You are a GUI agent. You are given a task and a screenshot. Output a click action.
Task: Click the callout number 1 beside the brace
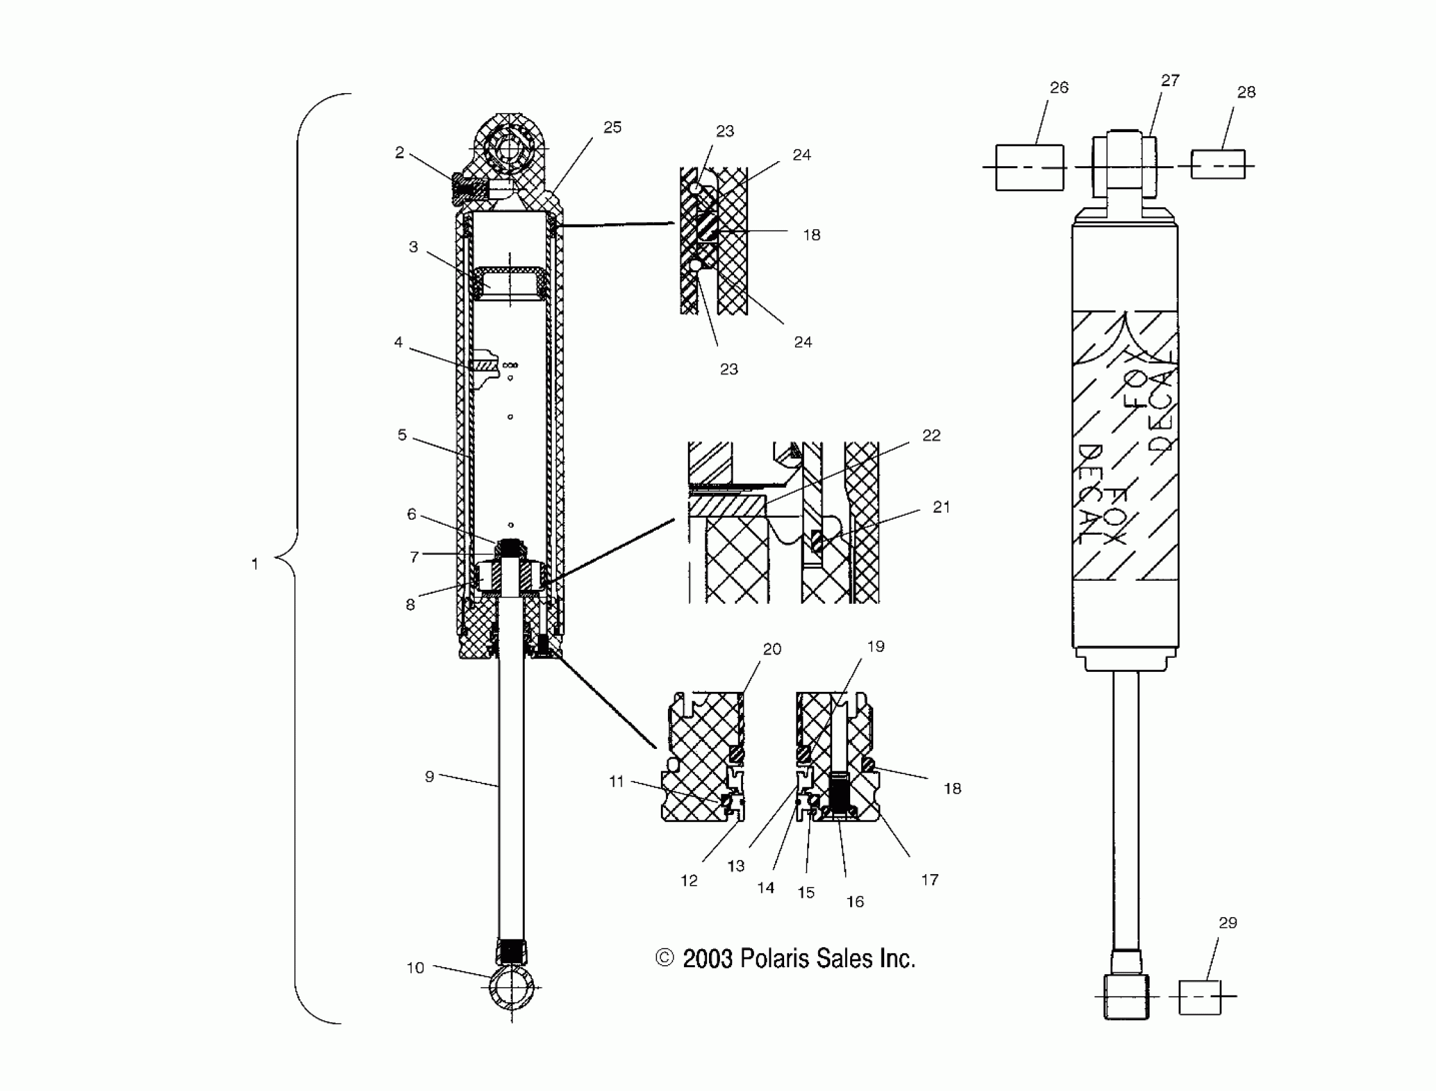(255, 563)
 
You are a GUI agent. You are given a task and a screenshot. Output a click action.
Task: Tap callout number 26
(1059, 88)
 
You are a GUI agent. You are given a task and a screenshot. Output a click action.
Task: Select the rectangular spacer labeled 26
(1030, 168)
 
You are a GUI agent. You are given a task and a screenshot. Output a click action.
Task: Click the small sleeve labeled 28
(1218, 164)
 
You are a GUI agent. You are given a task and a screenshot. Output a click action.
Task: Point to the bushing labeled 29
(1199, 997)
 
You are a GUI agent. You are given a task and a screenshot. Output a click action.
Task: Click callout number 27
(1170, 80)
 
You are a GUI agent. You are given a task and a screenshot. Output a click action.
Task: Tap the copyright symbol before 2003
(665, 958)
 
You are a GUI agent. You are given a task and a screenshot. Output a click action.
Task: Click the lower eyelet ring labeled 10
(511, 988)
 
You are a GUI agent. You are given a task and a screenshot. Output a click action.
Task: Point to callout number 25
(612, 127)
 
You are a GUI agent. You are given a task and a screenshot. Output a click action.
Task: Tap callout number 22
(931, 435)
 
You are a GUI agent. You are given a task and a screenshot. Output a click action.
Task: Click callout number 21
(941, 507)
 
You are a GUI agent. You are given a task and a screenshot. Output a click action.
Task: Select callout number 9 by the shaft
(429, 776)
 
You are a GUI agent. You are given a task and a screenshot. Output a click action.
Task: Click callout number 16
(855, 902)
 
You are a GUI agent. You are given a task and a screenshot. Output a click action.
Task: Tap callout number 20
(772, 649)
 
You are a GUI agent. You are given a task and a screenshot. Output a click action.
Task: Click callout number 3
(413, 247)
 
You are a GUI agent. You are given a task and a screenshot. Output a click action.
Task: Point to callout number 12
(688, 881)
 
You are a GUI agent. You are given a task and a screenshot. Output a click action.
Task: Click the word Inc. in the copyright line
(897, 959)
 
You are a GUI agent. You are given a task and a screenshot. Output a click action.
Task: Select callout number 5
(402, 435)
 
